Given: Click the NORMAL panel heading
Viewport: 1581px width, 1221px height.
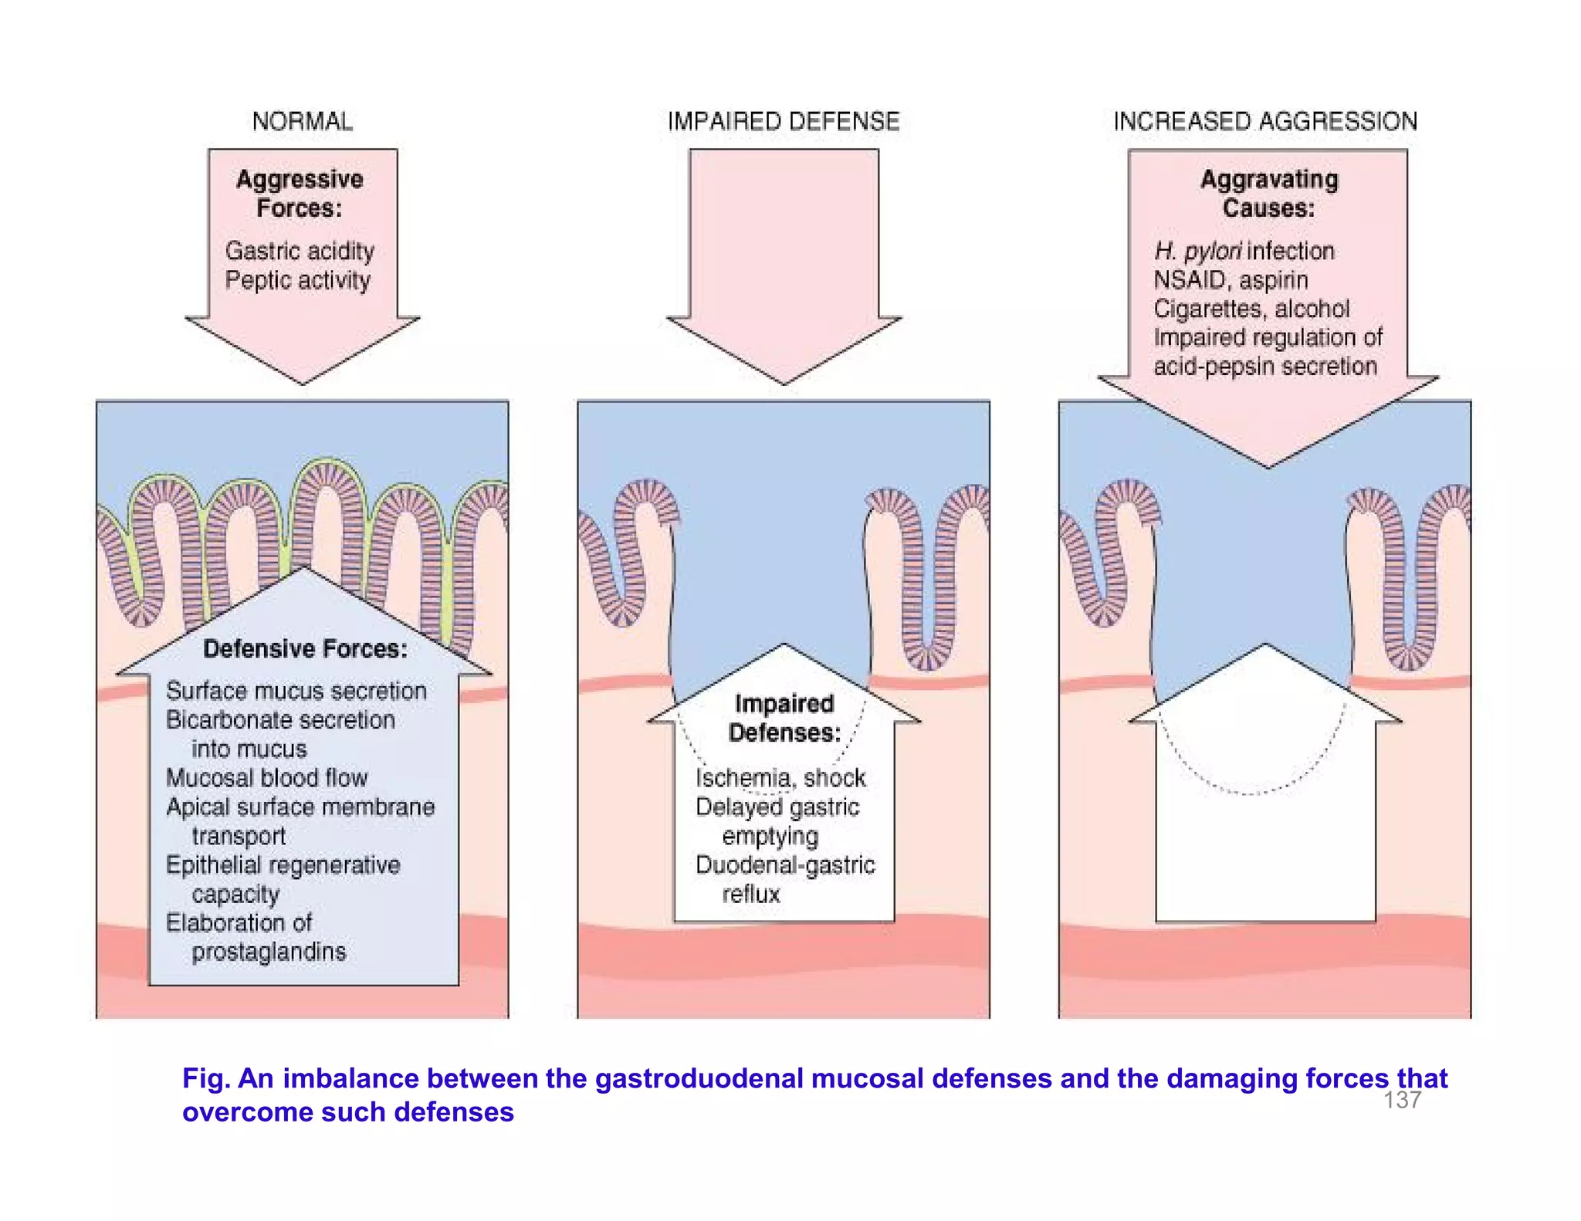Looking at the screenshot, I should pyautogui.click(x=302, y=121).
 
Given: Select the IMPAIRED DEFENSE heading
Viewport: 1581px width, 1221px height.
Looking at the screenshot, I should pyautogui.click(x=783, y=121).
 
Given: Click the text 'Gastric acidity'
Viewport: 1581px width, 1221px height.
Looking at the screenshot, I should pyautogui.click(x=300, y=251).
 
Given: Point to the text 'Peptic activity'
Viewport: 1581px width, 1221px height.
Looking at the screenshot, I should pyautogui.click(x=297, y=280).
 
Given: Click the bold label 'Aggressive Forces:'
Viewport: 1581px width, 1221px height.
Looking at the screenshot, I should pyautogui.click(x=300, y=193).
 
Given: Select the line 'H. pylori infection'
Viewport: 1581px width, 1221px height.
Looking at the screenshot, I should pyautogui.click(x=1244, y=251).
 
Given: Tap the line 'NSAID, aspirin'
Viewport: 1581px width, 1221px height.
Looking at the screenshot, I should pyautogui.click(x=1230, y=280).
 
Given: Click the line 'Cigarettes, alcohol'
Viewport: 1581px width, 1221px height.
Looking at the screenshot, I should pyautogui.click(x=1251, y=309).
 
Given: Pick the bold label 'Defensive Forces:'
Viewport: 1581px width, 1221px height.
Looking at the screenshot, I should pyautogui.click(x=305, y=649).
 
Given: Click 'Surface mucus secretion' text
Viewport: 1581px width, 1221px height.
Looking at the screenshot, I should pyautogui.click(x=296, y=691).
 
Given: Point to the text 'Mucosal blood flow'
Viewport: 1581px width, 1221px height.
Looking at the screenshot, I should pyautogui.click(x=266, y=778).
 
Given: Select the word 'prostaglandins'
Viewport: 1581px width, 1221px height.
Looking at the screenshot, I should pyautogui.click(x=269, y=952).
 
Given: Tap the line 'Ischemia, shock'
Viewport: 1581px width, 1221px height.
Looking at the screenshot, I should pyautogui.click(x=780, y=778).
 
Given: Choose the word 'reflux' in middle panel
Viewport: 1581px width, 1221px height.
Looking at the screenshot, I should pyautogui.click(x=750, y=895).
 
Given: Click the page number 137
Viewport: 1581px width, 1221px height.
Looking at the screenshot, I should pyautogui.click(x=1402, y=1100).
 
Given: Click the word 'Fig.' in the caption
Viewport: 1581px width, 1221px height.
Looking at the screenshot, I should pyautogui.click(x=205, y=1078).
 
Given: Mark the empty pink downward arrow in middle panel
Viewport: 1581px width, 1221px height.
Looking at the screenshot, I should pyautogui.click(x=783, y=255).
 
